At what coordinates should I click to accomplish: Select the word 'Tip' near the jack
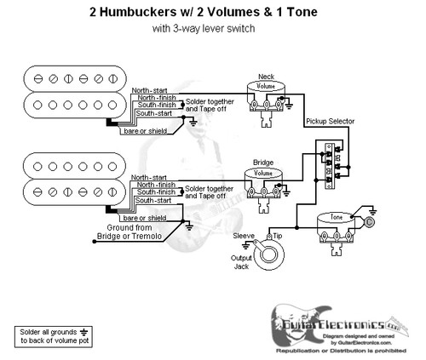(x=277, y=234)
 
